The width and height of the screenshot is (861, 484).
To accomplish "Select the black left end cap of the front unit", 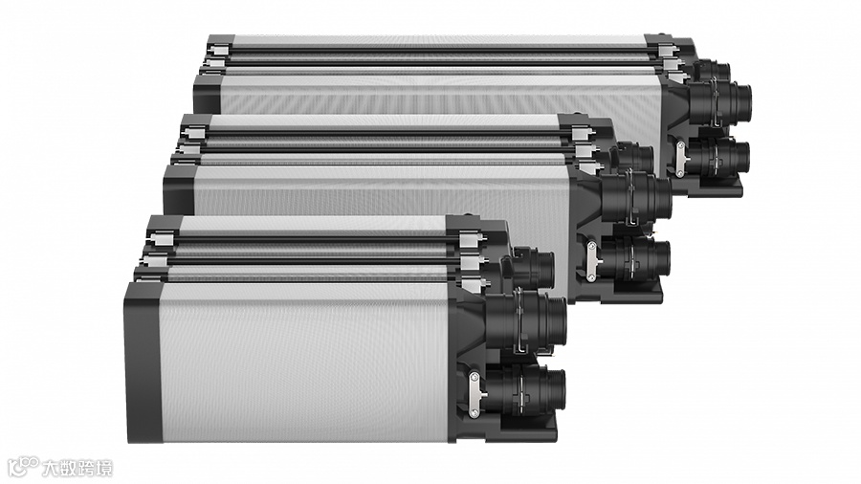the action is pyautogui.click(x=143, y=363).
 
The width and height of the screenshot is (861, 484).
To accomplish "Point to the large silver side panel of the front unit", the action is pyautogui.click(x=305, y=363).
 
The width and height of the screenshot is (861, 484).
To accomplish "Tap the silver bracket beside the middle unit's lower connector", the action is pyautogui.click(x=591, y=261).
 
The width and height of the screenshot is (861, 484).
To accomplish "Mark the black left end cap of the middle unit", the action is pyautogui.click(x=178, y=189).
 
